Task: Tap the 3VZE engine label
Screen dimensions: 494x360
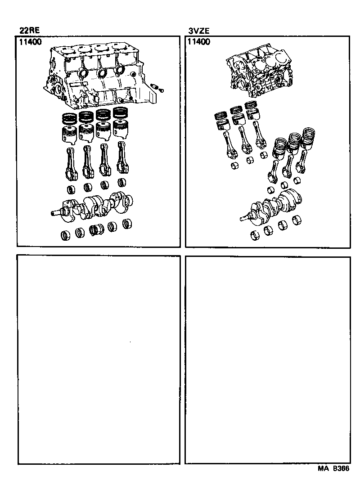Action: [198, 31]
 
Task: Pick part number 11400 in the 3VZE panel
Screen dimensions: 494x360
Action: [198, 42]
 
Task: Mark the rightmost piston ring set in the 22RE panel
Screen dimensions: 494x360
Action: [120, 112]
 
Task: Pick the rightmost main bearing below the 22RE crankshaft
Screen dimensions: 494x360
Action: [127, 224]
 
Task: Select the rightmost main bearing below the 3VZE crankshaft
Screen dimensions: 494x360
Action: [296, 220]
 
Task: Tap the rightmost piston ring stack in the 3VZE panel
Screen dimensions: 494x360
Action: [309, 135]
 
